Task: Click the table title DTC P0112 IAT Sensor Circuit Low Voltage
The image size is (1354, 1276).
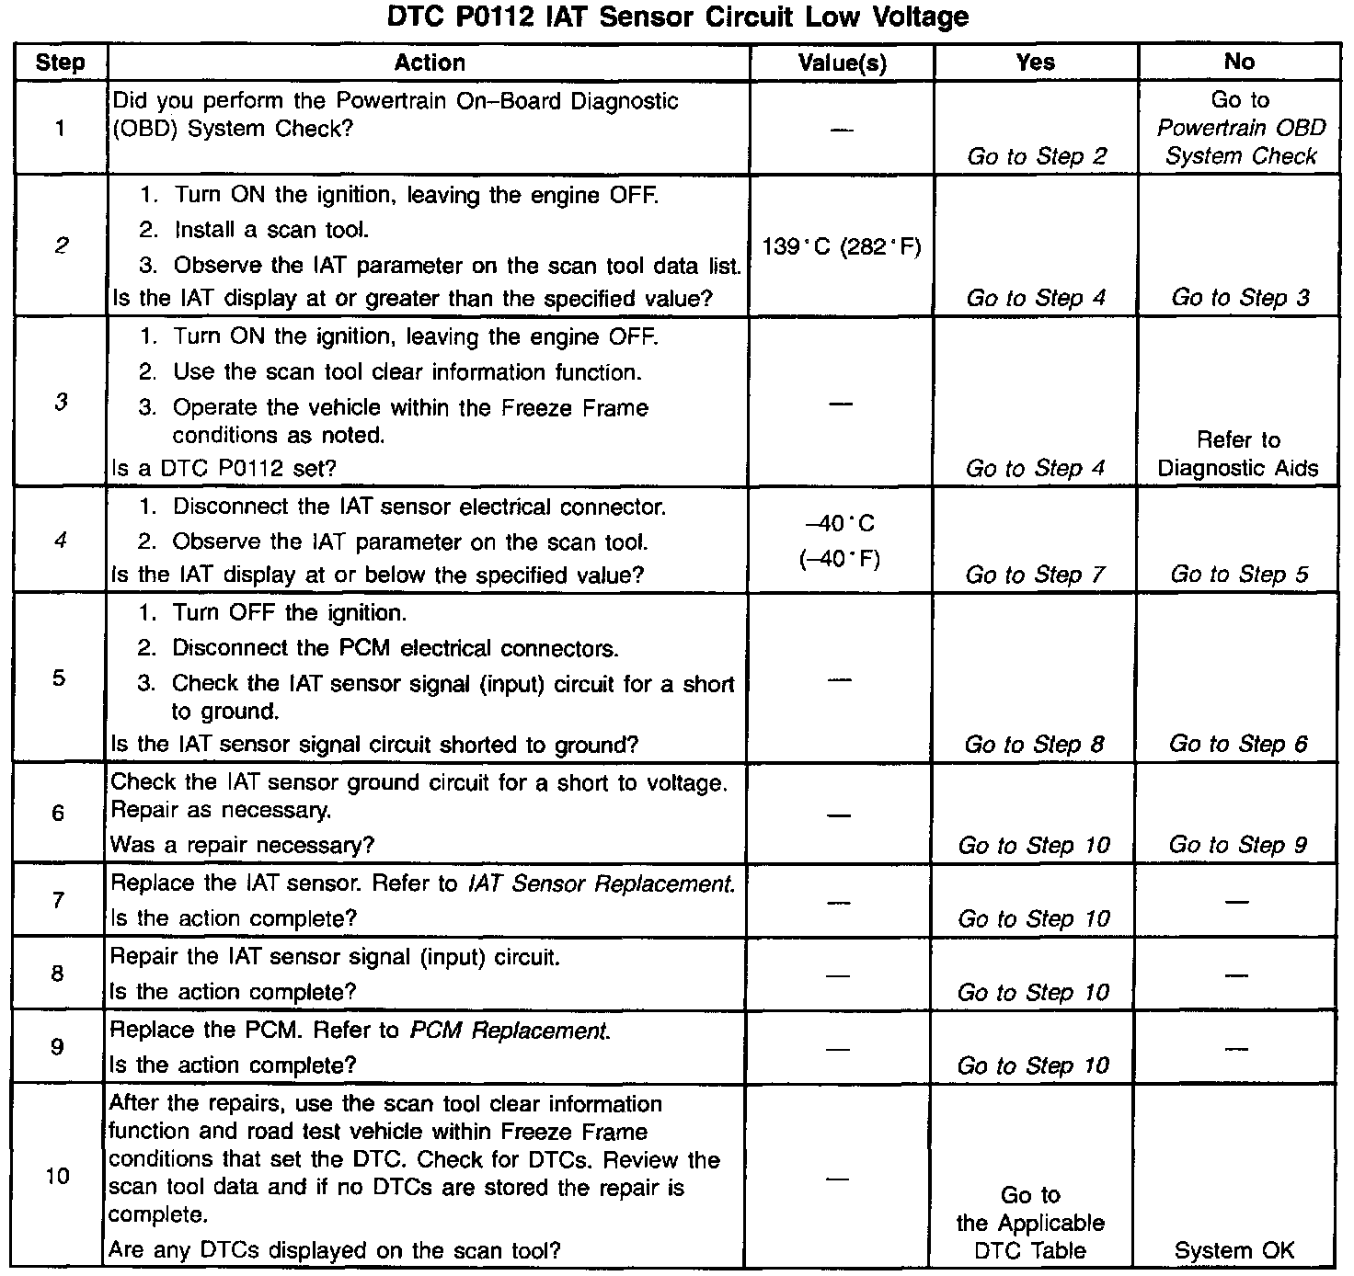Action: [677, 17]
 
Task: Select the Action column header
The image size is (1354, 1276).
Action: [430, 63]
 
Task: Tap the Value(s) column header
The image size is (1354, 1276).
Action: [842, 63]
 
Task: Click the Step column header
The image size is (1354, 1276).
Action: [60, 63]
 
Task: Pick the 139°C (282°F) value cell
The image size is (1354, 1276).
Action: [842, 246]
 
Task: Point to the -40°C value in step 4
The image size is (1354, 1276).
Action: [840, 524]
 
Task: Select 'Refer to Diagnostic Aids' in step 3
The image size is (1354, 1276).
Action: [1238, 454]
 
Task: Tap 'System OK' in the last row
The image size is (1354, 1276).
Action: [1234, 1250]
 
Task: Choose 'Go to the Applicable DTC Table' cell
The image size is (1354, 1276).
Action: [1030, 1223]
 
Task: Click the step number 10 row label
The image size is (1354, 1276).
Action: [57, 1176]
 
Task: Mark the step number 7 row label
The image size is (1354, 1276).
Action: [58, 900]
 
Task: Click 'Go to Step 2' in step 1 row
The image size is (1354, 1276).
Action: [1037, 156]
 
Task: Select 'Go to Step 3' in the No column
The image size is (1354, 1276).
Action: [1240, 298]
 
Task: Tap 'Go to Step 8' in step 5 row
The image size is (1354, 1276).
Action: [1034, 744]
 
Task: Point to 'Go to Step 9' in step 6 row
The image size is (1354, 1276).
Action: [1237, 845]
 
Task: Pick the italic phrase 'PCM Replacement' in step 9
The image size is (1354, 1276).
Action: [509, 1031]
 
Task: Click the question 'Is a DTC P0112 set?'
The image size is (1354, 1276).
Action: [224, 468]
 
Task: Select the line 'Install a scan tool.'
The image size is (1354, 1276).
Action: [271, 230]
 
